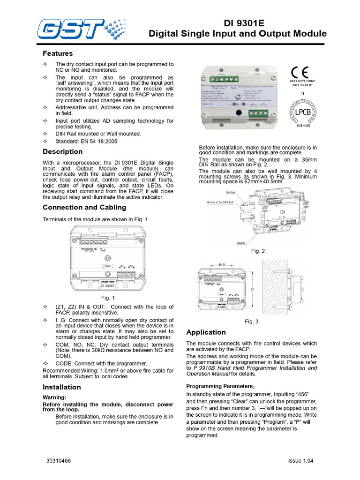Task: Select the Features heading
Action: click(58, 53)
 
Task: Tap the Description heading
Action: click(62, 151)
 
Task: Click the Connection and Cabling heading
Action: click(84, 207)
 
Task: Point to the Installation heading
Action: click(61, 387)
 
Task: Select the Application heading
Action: click(206, 332)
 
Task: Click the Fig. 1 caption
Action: click(108, 298)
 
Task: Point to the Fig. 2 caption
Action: click(258, 251)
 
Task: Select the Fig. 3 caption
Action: click(252, 322)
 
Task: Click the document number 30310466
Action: click(59, 461)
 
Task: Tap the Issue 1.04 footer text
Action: click(300, 461)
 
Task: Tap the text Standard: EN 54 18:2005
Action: click(86, 141)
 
